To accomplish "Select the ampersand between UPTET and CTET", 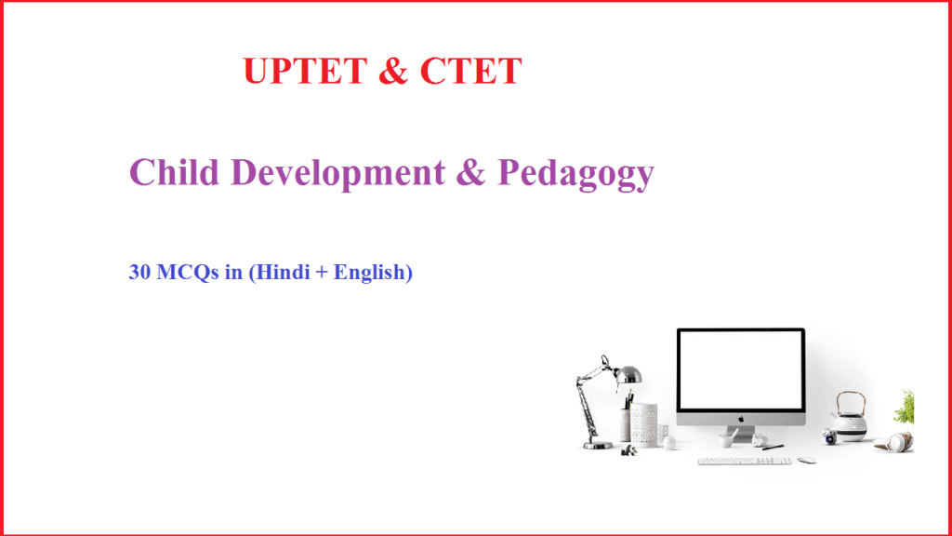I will [x=393, y=73].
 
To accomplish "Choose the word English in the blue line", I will [x=368, y=273].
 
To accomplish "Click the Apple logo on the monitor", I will [x=741, y=418].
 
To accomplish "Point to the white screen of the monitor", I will [x=741, y=370].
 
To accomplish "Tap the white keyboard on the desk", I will [x=744, y=460].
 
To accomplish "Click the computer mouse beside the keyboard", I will [x=806, y=460].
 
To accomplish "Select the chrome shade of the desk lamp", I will [x=628, y=374].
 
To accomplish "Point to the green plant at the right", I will [x=905, y=407].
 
